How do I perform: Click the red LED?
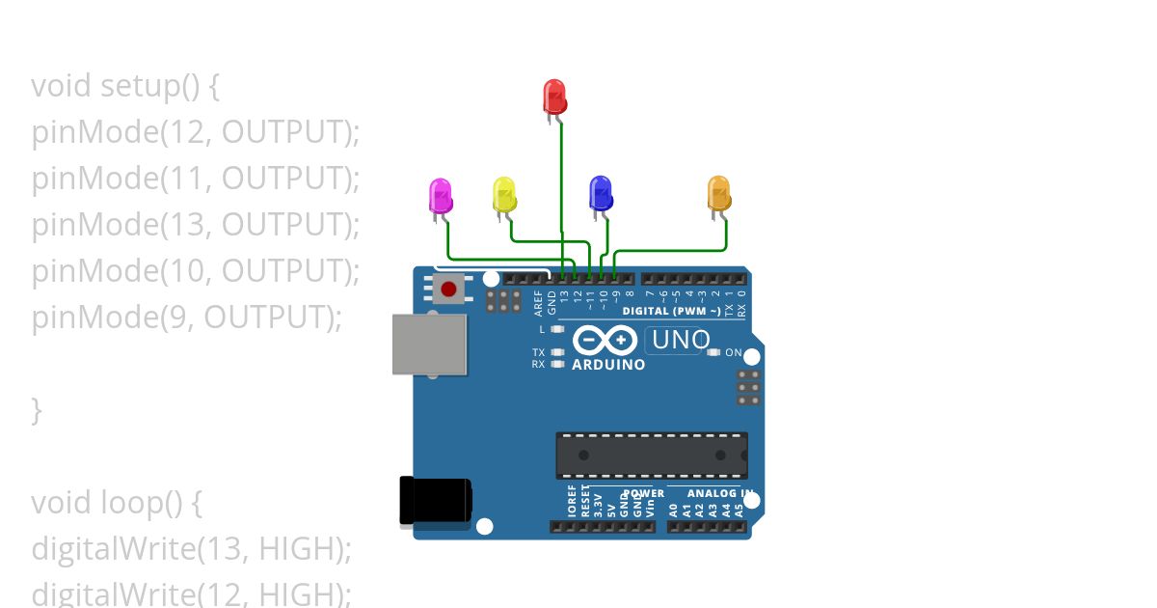coord(554,97)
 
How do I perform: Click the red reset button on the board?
coord(447,288)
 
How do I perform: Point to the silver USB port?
coord(429,344)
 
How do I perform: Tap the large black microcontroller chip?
coord(651,456)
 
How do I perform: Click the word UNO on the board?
coord(681,340)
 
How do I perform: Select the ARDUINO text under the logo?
coord(608,365)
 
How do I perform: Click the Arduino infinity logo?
coord(605,341)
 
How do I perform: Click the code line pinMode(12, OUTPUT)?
coord(195,132)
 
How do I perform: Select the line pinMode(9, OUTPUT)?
coord(186,318)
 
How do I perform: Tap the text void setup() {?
coord(125,86)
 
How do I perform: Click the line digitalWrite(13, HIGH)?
coord(191,549)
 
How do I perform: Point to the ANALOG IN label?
coord(719,493)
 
